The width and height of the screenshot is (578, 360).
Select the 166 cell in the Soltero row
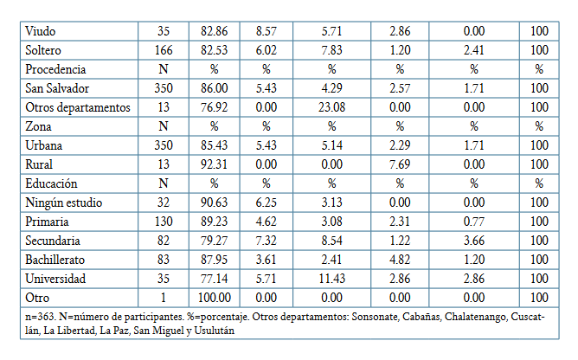point(163,49)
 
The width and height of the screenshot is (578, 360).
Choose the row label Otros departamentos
point(78,107)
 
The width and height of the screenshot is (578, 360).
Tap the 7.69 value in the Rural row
point(400,164)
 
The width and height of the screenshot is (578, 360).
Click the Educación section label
point(51,183)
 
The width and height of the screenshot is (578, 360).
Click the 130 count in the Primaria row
point(163,222)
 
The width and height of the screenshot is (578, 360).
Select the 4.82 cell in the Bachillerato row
point(400,260)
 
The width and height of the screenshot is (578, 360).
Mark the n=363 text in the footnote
point(42,317)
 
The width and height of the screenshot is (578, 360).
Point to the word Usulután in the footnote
point(213,330)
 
